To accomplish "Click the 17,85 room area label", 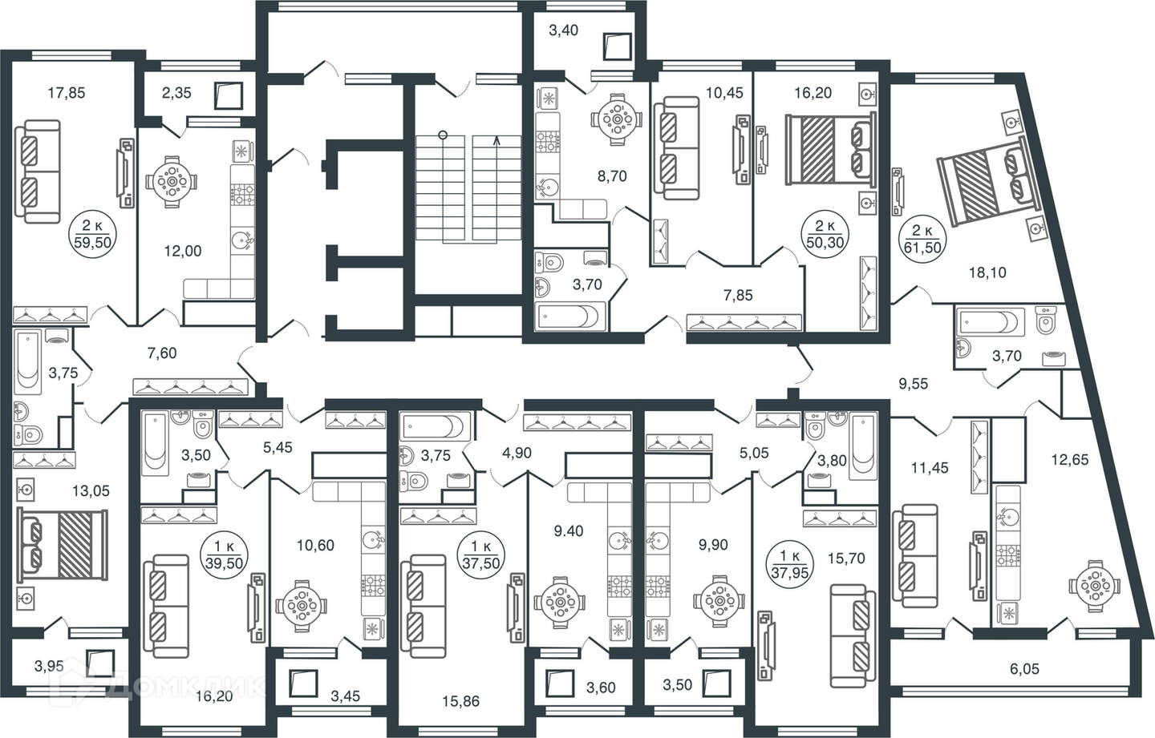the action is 66,93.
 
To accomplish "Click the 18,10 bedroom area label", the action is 987,272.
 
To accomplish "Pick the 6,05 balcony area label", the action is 1020,668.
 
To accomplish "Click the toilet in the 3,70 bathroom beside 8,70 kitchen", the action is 551,261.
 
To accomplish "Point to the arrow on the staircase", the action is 497,141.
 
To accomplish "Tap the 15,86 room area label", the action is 460,700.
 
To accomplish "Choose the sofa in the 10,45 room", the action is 674,147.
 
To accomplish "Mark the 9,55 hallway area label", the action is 913,384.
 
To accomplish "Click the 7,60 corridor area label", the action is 162,353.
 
